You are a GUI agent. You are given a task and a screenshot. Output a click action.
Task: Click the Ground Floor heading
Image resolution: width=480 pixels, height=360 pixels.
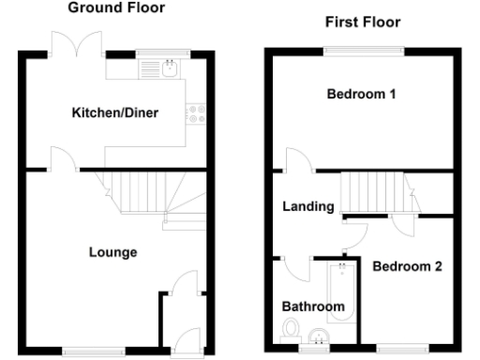[117, 7]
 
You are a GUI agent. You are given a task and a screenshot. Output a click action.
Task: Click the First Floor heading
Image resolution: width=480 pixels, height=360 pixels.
[363, 22]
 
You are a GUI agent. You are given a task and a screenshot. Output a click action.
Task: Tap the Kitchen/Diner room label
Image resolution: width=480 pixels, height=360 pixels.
[115, 113]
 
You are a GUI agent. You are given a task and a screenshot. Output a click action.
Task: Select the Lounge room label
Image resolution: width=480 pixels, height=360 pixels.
[112, 252]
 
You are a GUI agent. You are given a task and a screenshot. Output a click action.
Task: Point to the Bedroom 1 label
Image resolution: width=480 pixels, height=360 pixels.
[361, 94]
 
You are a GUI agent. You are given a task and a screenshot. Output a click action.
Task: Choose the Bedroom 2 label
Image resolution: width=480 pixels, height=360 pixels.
[407, 266]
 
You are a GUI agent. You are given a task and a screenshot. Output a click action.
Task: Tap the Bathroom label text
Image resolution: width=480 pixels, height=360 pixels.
[313, 307]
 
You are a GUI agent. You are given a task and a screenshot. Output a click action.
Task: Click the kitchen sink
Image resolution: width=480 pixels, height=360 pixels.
[170, 67]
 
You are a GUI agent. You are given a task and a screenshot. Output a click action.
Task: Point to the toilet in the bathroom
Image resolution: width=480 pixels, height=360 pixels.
[291, 329]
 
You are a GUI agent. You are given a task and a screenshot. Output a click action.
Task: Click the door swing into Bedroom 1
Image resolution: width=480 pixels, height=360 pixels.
[293, 160]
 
